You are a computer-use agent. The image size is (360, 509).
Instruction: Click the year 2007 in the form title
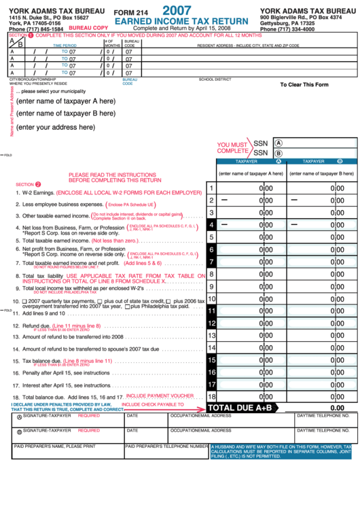point(177,12)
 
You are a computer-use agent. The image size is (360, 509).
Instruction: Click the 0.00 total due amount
point(338,408)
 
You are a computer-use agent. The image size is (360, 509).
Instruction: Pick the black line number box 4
point(211,224)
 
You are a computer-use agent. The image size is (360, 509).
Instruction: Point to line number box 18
point(211,396)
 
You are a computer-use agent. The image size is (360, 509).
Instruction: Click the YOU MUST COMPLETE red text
point(232,148)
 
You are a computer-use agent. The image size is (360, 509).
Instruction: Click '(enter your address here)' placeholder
point(56,127)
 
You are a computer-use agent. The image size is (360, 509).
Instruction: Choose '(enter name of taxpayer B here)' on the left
point(66,113)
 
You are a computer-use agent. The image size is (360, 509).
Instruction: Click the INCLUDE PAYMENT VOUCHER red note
point(160,396)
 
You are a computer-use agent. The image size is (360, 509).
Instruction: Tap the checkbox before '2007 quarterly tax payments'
point(25,300)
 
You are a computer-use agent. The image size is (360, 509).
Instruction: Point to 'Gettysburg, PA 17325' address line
point(287,24)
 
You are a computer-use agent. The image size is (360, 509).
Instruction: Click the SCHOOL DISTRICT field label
point(215,80)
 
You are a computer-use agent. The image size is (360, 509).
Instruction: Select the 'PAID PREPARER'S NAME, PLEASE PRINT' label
point(54,446)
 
